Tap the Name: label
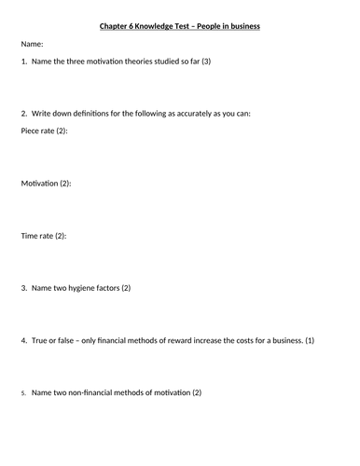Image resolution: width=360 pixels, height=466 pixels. [33, 44]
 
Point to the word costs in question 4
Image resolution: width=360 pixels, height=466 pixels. [242, 340]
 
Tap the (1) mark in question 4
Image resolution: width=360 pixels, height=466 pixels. [310, 340]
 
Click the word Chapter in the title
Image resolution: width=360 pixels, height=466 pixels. [117, 26]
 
